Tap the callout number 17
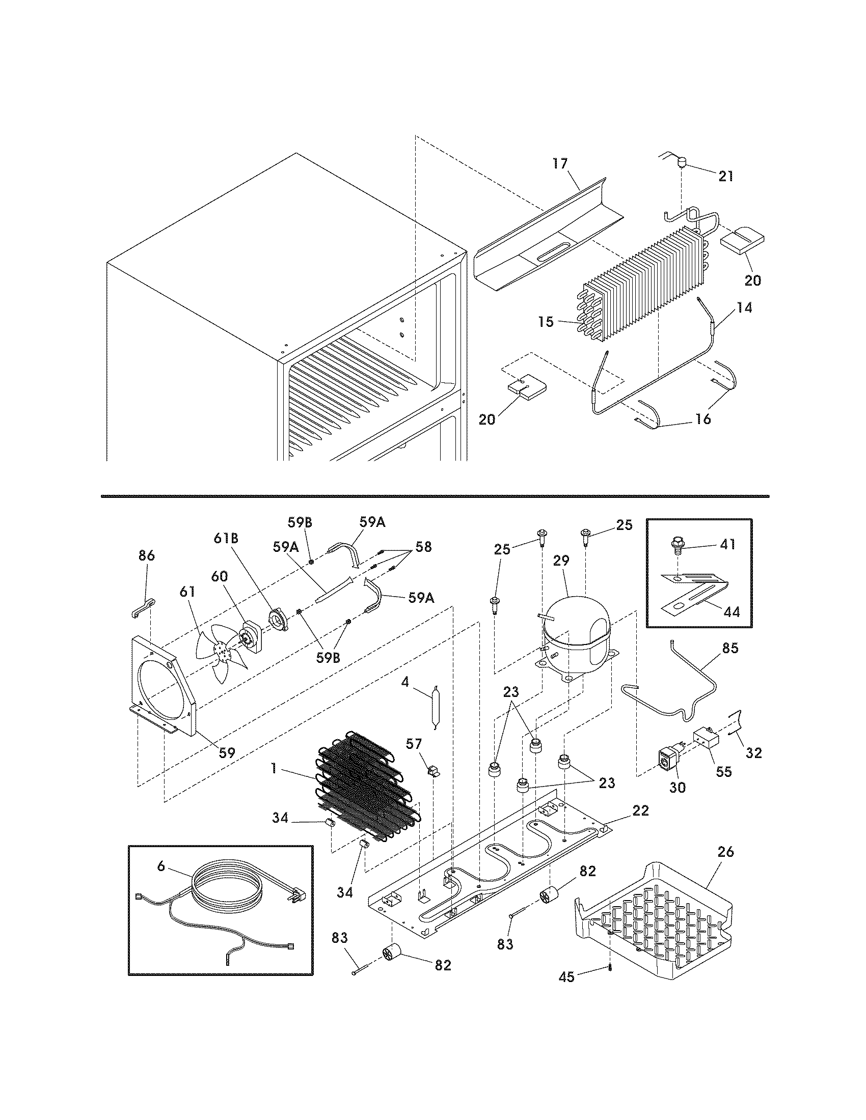(560, 163)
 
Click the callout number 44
(732, 611)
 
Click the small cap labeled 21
(682, 163)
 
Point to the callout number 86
(147, 556)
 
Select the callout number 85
(730, 648)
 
